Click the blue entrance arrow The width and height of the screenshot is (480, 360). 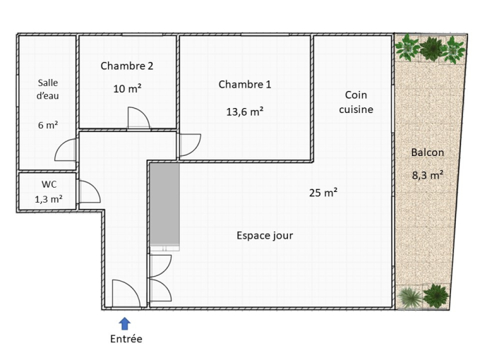tap(125, 323)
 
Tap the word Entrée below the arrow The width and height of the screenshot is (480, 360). tap(126, 339)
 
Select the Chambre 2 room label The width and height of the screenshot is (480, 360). tap(127, 66)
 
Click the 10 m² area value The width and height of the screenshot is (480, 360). tap(127, 89)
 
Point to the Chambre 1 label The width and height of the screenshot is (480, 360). tap(245, 85)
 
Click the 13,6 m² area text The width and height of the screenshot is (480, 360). tap(245, 112)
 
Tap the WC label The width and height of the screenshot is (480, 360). tap(49, 184)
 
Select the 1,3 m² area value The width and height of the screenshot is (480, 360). tap(49, 200)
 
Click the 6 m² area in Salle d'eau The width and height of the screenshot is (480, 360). tap(48, 125)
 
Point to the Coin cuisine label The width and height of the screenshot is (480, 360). tap(356, 102)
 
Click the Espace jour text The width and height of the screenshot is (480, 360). tap(265, 235)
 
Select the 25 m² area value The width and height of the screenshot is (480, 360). tap(323, 193)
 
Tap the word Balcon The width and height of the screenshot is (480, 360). tap(427, 152)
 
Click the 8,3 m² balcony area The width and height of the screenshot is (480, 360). tap(428, 175)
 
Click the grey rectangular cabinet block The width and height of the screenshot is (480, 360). tap(164, 204)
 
